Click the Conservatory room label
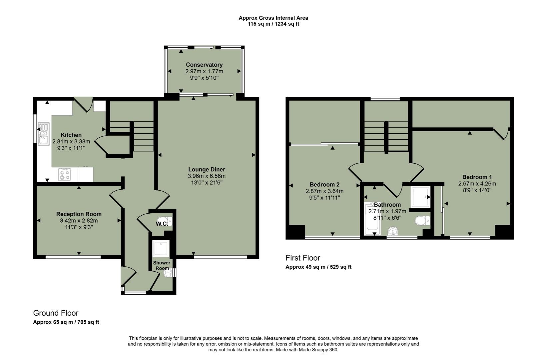(x=204, y=65)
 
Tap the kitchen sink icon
(x=43, y=134)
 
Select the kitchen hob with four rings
(x=65, y=174)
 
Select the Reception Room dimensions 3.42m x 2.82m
(x=79, y=221)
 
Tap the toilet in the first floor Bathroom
(x=423, y=221)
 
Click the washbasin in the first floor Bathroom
(x=393, y=231)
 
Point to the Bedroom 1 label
(x=477, y=177)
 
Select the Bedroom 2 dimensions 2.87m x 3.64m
(x=324, y=191)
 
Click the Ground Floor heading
(x=56, y=313)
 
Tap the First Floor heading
(x=303, y=258)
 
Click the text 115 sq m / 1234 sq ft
(x=273, y=24)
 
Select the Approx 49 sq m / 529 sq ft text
(x=318, y=267)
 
